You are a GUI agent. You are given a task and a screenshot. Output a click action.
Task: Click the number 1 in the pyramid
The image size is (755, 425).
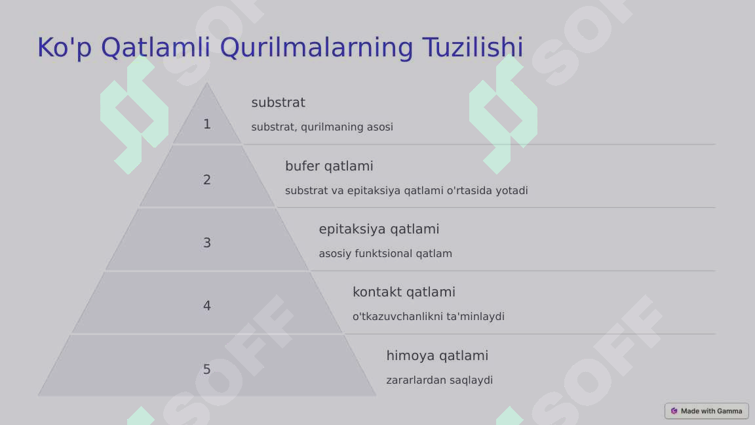coord(207,124)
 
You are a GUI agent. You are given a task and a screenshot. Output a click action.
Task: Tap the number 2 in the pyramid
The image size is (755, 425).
coord(207,180)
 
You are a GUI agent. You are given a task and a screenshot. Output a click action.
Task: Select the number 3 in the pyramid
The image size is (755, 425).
coord(207,243)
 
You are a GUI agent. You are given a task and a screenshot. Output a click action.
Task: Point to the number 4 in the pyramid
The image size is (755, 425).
coord(207,306)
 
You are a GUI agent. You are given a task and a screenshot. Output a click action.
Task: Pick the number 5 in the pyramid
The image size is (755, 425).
coord(207,369)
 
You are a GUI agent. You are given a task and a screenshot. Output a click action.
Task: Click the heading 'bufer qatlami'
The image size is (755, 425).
coord(329,166)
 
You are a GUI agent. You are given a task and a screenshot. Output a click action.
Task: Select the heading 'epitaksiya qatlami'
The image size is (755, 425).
coord(379,229)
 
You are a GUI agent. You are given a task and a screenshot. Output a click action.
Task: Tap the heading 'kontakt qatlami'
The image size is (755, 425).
coord(404,292)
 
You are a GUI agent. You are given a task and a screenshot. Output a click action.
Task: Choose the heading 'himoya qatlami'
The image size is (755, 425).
coord(437,355)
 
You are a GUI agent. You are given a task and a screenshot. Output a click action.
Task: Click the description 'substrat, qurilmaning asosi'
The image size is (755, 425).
coord(322,127)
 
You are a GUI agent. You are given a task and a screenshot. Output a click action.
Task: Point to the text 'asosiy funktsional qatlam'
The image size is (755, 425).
coord(385,253)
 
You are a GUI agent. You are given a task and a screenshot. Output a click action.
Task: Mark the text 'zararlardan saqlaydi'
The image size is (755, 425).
coord(439,380)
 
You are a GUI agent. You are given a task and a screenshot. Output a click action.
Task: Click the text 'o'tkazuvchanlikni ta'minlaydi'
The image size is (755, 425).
coord(429,316)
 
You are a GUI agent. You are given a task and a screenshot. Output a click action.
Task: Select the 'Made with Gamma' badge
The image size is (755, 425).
coord(707,411)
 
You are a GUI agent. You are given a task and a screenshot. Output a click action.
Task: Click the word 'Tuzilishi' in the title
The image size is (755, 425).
coord(473,48)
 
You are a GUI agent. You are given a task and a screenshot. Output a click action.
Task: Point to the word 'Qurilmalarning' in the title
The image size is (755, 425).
coord(317,48)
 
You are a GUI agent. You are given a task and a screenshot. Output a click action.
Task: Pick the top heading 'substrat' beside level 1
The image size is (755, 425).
coord(278,102)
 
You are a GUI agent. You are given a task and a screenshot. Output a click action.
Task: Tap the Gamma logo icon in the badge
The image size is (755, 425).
coord(674,411)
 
